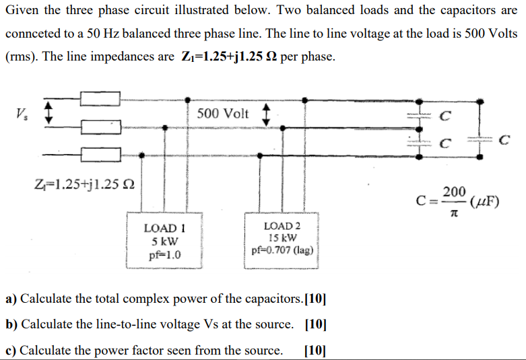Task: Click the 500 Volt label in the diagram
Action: [223, 113]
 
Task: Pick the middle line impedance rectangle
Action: [100, 127]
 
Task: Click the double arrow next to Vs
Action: [47, 112]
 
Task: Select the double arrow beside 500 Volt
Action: [265, 113]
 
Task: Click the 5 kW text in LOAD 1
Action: [164, 242]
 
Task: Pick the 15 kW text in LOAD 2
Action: [282, 238]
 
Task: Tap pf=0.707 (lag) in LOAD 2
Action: [282, 250]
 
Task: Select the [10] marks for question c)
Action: [315, 350]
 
